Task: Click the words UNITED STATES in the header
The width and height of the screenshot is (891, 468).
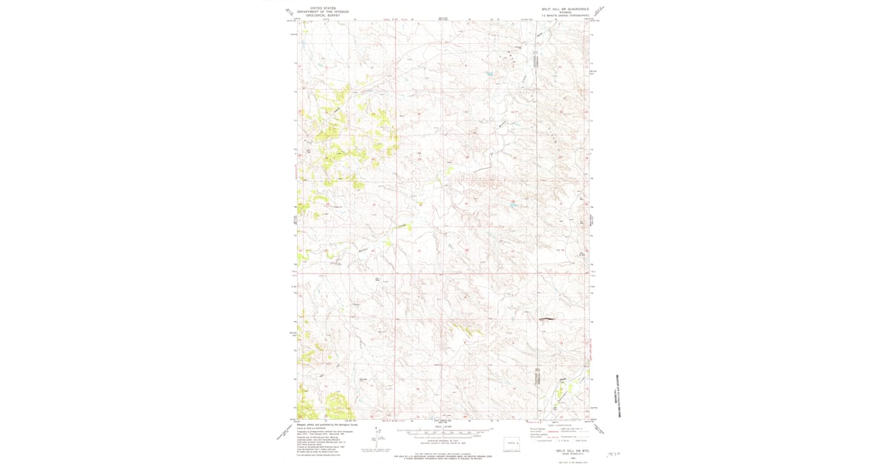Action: coord(322,7)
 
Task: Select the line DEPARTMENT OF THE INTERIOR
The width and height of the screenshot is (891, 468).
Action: coord(322,11)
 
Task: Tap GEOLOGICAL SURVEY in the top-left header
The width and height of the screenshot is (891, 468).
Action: coord(322,15)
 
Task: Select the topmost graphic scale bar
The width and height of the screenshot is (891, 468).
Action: coord(445,430)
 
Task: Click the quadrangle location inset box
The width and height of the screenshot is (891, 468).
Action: coord(511,443)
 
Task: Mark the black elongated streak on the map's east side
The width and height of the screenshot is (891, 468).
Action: coord(547,320)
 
